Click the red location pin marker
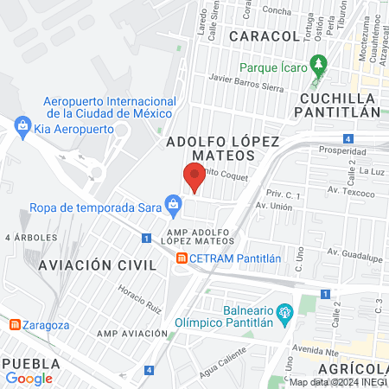tap(194, 175)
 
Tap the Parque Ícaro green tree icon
tap(318, 63)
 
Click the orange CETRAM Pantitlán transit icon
tap(181, 258)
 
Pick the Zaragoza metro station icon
tap(15, 325)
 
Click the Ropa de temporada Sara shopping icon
tap(174, 205)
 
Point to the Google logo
tap(29, 378)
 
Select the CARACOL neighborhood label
tap(264, 36)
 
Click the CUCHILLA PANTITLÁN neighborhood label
tap(340, 104)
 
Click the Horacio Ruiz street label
tap(141, 299)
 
